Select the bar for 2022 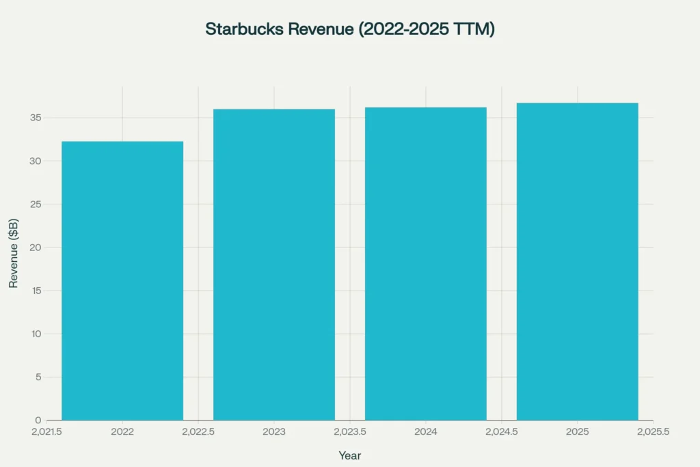click(122, 280)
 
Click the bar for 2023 click(274, 265)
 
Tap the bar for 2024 click(426, 263)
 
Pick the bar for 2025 click(577, 261)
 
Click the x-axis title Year click(349, 455)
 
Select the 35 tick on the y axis click(36, 118)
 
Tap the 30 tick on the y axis click(36, 161)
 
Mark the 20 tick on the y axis click(36, 248)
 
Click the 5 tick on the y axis click(38, 377)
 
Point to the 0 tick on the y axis click(38, 420)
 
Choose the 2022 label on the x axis click(122, 432)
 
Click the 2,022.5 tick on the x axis click(198, 432)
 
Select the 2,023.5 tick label click(349, 432)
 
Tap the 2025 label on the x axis click(577, 432)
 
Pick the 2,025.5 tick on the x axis click(653, 432)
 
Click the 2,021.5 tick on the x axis click(46, 432)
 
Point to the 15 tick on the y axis click(36, 291)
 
